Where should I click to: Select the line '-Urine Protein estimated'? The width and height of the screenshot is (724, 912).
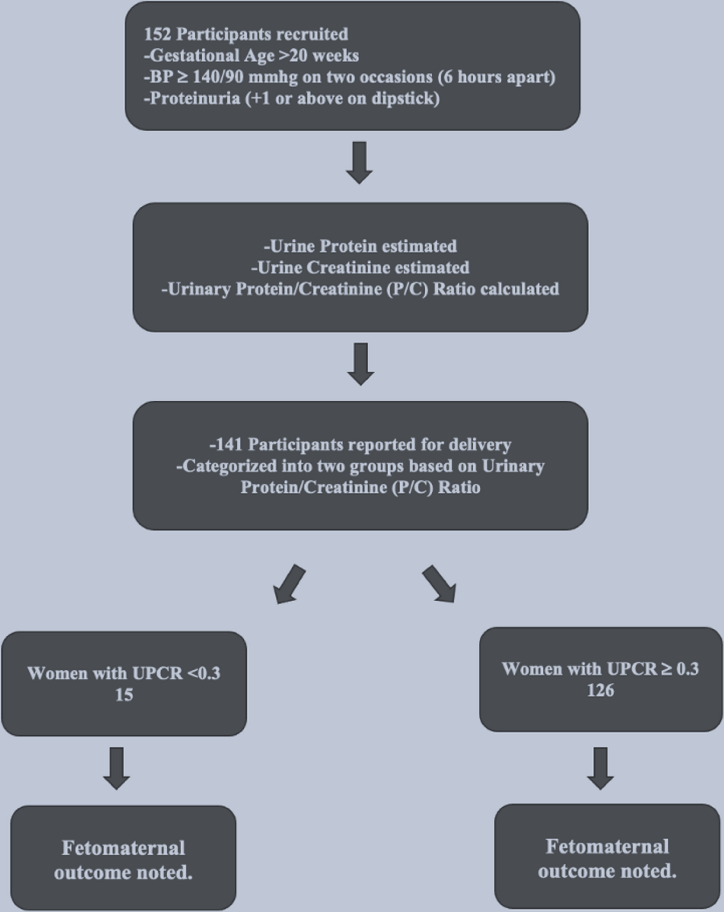coord(360,246)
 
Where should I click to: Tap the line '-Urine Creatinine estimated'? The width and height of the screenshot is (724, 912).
coord(360,267)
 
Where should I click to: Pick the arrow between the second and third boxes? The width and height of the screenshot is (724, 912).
coord(361,364)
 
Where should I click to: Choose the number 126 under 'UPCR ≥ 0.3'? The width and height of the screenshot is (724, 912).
coord(600,690)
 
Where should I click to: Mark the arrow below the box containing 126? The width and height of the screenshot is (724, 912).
coord(600,768)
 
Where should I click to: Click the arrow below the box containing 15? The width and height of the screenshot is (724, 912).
coord(116,768)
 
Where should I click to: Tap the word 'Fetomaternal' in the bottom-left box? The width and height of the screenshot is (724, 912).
coord(123,848)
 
